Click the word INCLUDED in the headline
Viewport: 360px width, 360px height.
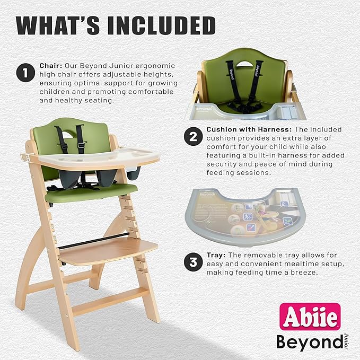(159, 25)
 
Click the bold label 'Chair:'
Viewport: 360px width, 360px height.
(51, 65)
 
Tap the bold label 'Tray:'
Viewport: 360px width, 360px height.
(216, 254)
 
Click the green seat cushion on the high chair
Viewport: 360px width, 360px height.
(90, 193)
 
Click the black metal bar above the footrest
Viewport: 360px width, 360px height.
(93, 240)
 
